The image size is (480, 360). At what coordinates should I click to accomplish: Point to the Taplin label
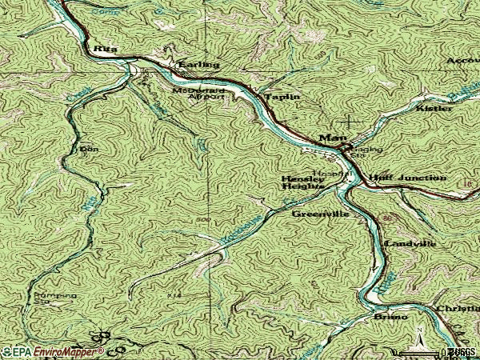[x=282, y=96]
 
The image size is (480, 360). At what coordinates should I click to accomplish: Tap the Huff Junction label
[x=407, y=177]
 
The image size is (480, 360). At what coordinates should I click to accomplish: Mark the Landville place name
[x=410, y=242]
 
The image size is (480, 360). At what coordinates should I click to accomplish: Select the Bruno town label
[x=390, y=317]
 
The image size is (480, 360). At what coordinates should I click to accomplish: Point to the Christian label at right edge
[x=457, y=308]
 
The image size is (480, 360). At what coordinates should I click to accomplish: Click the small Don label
[x=88, y=149]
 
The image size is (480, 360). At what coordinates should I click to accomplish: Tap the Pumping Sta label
[x=55, y=298]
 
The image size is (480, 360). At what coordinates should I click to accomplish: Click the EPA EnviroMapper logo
[x=53, y=350]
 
